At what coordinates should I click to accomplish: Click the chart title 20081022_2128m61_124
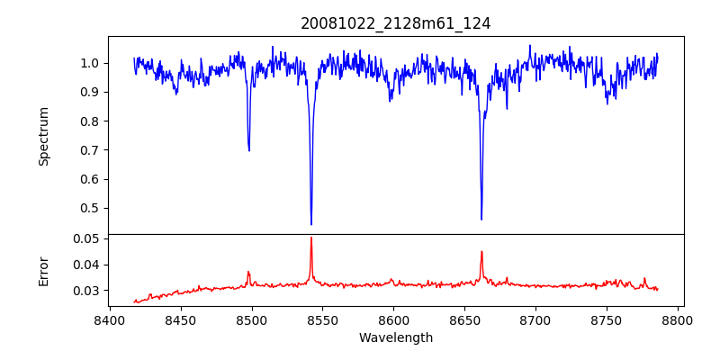coord(396,24)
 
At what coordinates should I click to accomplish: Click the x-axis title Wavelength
coord(396,338)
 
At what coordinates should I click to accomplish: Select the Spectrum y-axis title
coord(43,136)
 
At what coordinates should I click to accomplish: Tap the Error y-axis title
coord(43,270)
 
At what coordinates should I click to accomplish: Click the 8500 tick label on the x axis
coord(251,319)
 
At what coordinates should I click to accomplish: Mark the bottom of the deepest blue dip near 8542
coord(311,224)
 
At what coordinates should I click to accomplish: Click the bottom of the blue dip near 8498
coord(249,150)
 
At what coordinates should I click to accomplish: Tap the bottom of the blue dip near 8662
coord(481,219)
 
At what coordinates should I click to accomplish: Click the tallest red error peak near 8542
coord(311,238)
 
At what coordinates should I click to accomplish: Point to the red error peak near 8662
coord(481,252)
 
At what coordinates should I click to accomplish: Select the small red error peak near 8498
coord(248,272)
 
